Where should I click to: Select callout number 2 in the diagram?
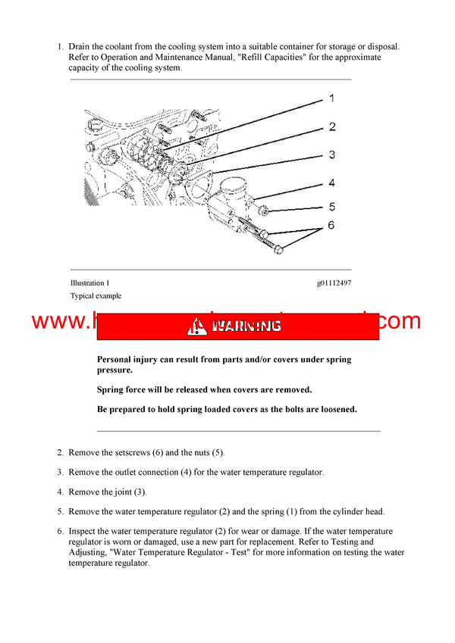point(331,127)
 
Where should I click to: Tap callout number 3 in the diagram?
point(331,155)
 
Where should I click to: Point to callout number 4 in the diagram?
point(331,183)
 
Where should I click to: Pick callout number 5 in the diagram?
point(331,206)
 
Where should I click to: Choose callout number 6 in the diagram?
point(331,226)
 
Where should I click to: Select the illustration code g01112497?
point(334,283)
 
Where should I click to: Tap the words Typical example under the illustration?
point(96,296)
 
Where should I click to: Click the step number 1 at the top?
point(61,47)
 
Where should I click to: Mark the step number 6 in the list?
point(61,532)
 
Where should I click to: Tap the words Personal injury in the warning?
point(128,360)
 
